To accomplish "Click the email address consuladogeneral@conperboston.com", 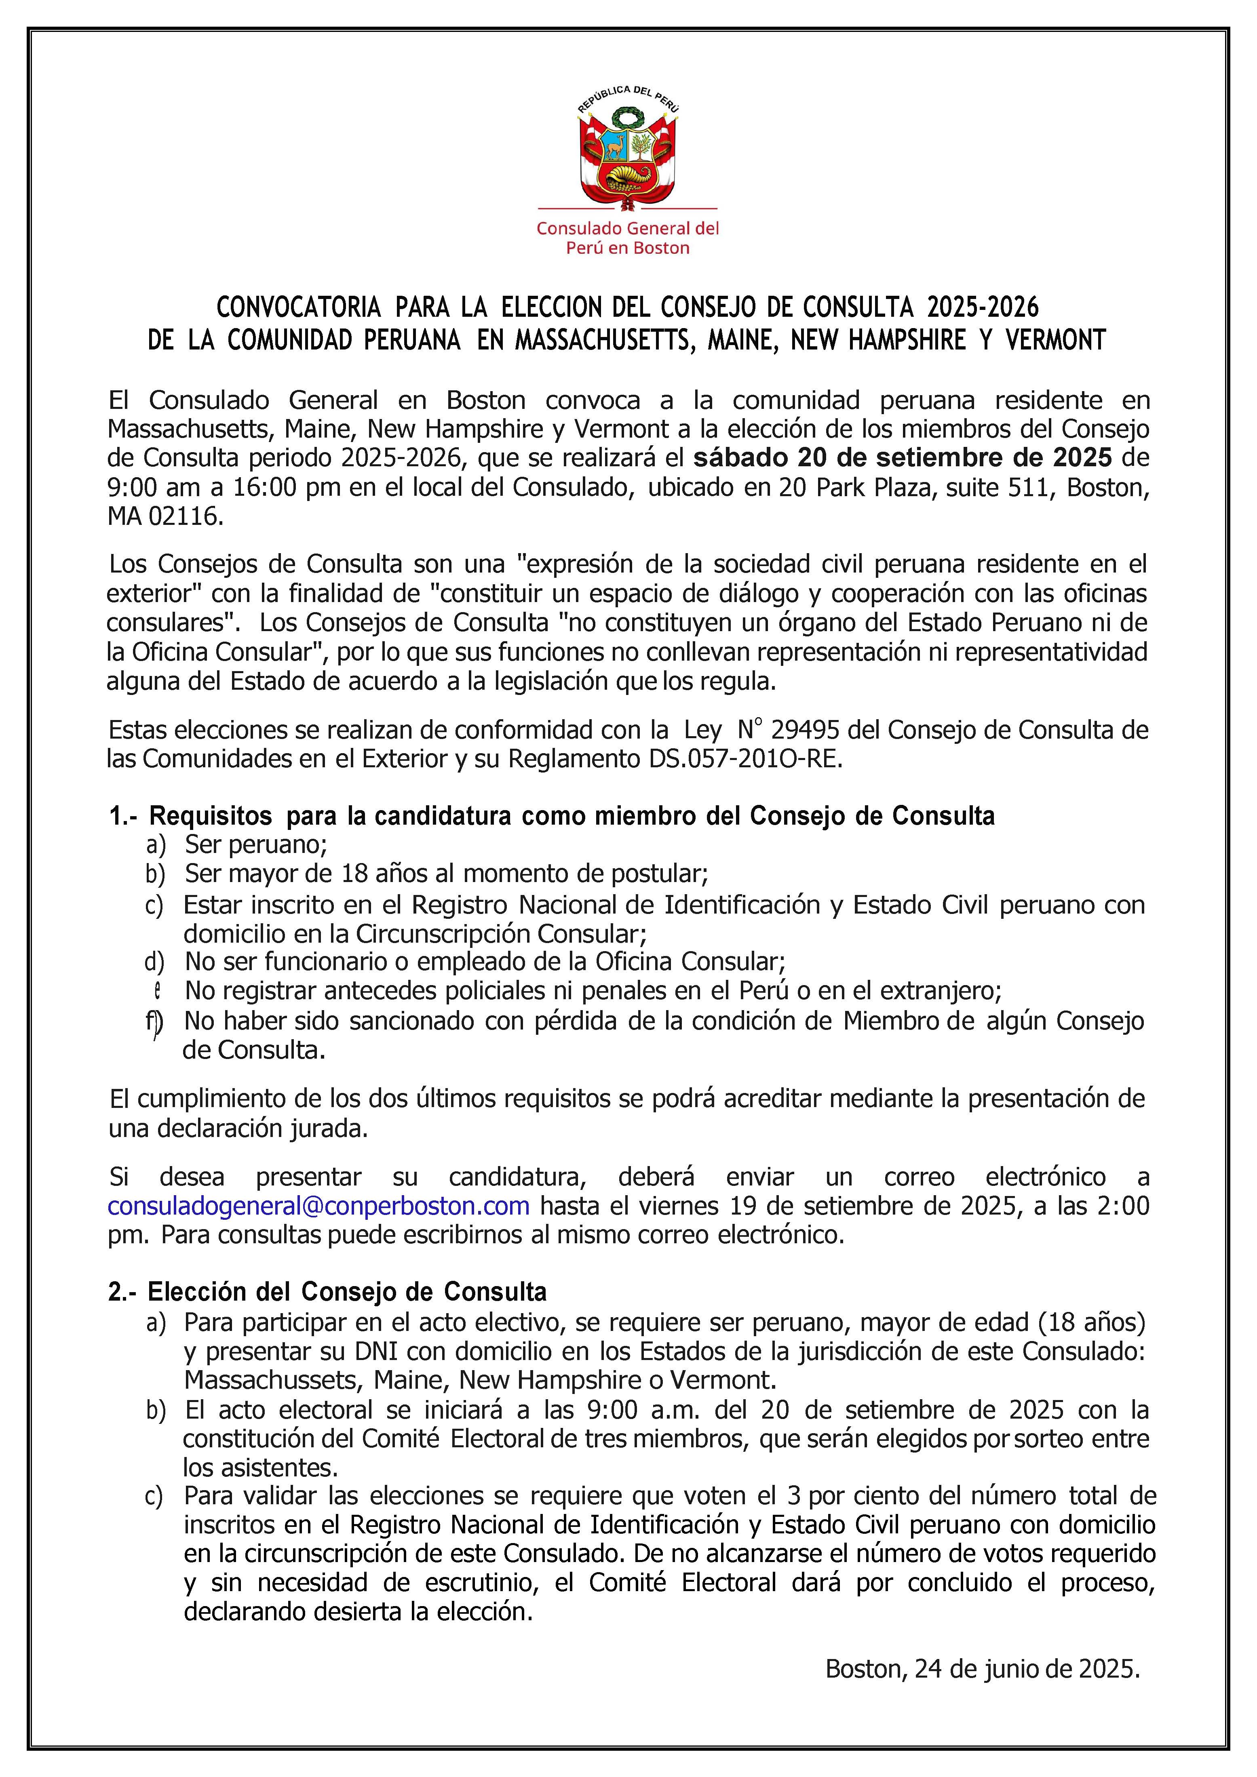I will click(318, 1205).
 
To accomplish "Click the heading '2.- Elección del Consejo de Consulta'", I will click(327, 1292).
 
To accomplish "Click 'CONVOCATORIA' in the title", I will click(298, 308).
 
